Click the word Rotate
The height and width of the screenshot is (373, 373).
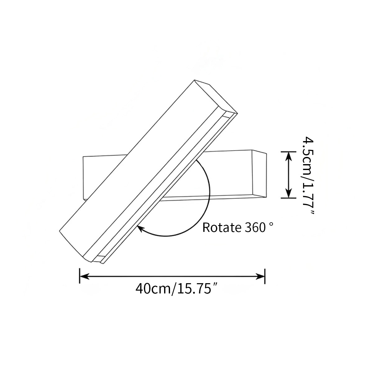[x=220, y=228]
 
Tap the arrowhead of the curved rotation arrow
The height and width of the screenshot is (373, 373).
[x=140, y=229]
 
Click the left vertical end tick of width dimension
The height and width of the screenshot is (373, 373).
[x=80, y=276]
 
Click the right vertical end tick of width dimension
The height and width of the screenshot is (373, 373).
[x=265, y=276]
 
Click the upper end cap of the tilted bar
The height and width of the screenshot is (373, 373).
[x=216, y=97]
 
